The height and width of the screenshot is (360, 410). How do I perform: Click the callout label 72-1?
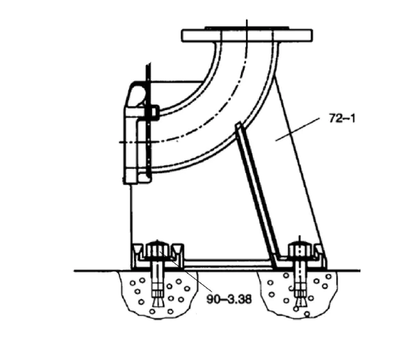(x=342, y=118)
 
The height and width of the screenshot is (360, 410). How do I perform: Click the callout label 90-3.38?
(x=229, y=299)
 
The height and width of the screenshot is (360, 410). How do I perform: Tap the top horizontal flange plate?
(x=247, y=36)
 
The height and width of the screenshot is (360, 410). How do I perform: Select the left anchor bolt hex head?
(x=157, y=250)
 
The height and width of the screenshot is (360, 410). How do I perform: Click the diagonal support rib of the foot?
(x=257, y=195)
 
